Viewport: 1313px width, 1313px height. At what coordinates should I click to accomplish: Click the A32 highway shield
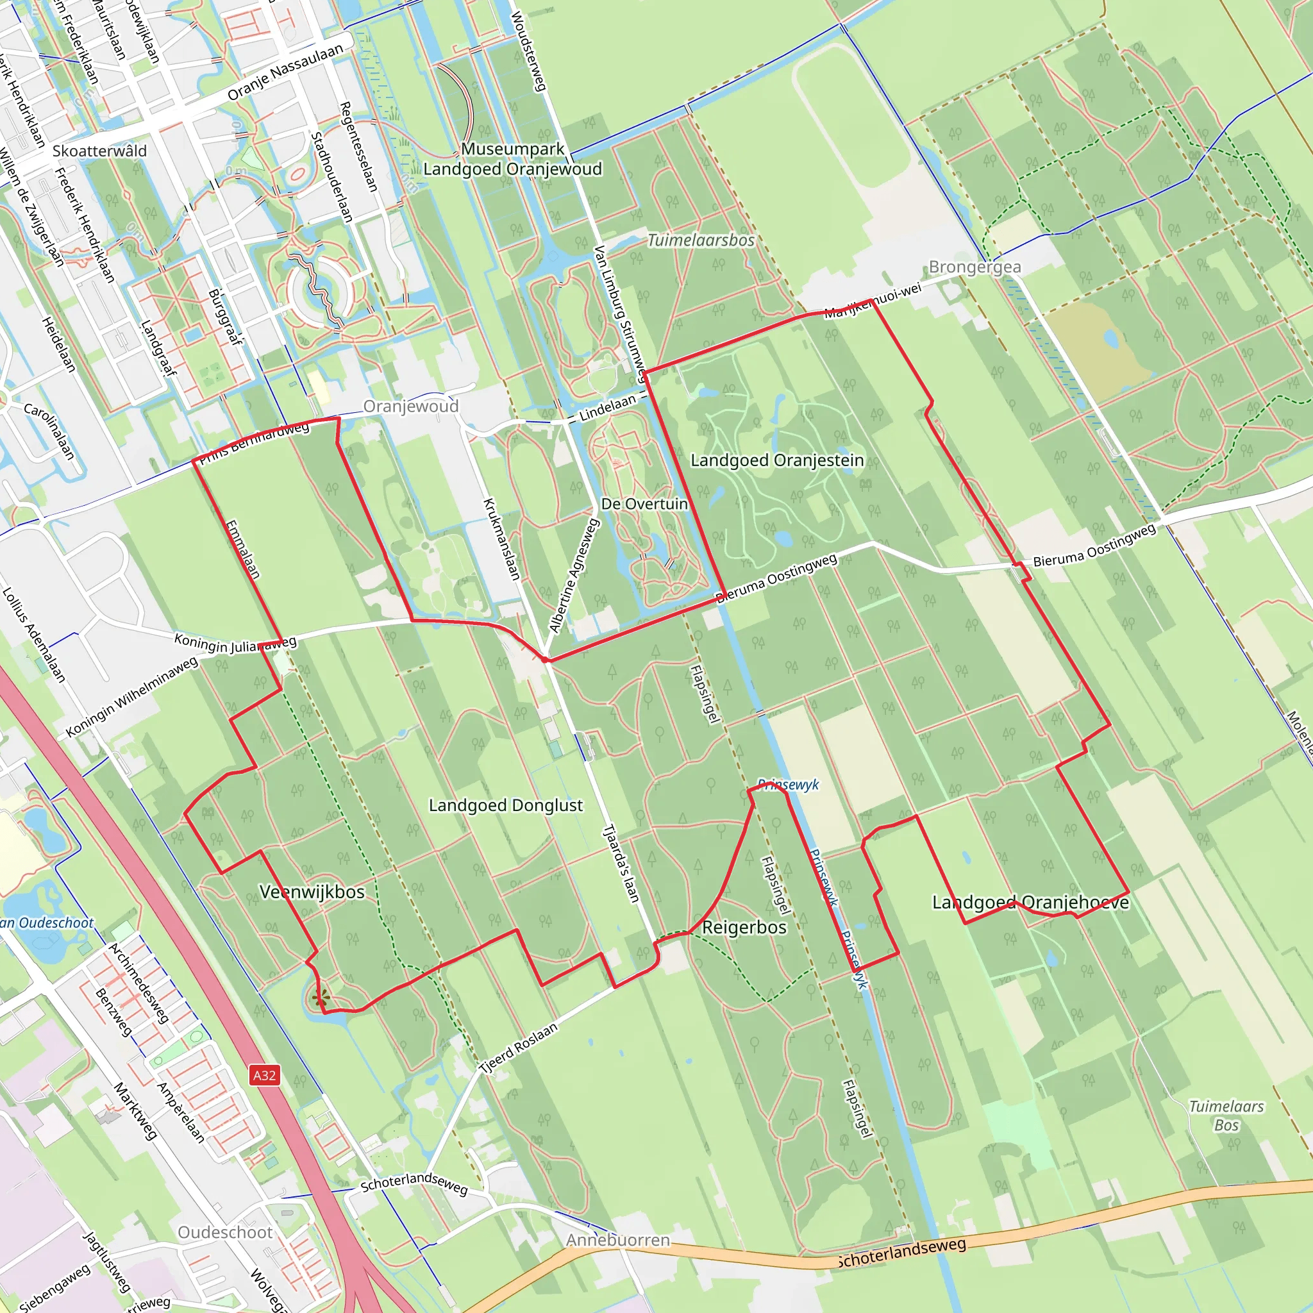click(264, 1075)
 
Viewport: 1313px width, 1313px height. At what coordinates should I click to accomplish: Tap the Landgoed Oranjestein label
click(777, 460)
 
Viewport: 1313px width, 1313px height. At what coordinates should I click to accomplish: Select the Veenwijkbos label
click(312, 892)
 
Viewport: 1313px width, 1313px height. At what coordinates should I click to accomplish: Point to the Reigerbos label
click(744, 927)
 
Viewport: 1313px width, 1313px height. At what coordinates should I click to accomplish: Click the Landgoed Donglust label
click(506, 805)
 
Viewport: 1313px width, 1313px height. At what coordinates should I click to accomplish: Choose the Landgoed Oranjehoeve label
click(1030, 902)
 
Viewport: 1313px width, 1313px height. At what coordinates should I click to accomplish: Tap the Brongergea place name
click(974, 267)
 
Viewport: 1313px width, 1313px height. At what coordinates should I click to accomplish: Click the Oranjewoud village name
click(410, 406)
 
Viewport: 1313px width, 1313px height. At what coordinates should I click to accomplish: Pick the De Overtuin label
click(644, 503)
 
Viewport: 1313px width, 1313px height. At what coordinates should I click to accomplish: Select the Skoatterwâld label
click(99, 151)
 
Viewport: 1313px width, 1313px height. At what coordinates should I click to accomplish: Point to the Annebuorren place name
click(618, 1241)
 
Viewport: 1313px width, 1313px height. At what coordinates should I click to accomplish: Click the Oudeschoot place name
click(225, 1232)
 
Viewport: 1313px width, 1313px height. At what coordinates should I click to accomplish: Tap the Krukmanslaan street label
click(501, 539)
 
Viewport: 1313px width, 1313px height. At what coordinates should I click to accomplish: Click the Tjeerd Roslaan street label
click(519, 1048)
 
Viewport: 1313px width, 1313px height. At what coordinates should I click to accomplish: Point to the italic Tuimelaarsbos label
click(701, 240)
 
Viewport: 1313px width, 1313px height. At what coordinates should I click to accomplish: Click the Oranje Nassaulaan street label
click(285, 72)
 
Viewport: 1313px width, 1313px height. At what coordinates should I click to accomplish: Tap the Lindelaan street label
click(608, 408)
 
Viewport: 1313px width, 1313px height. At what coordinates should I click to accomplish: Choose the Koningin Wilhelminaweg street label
click(132, 698)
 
